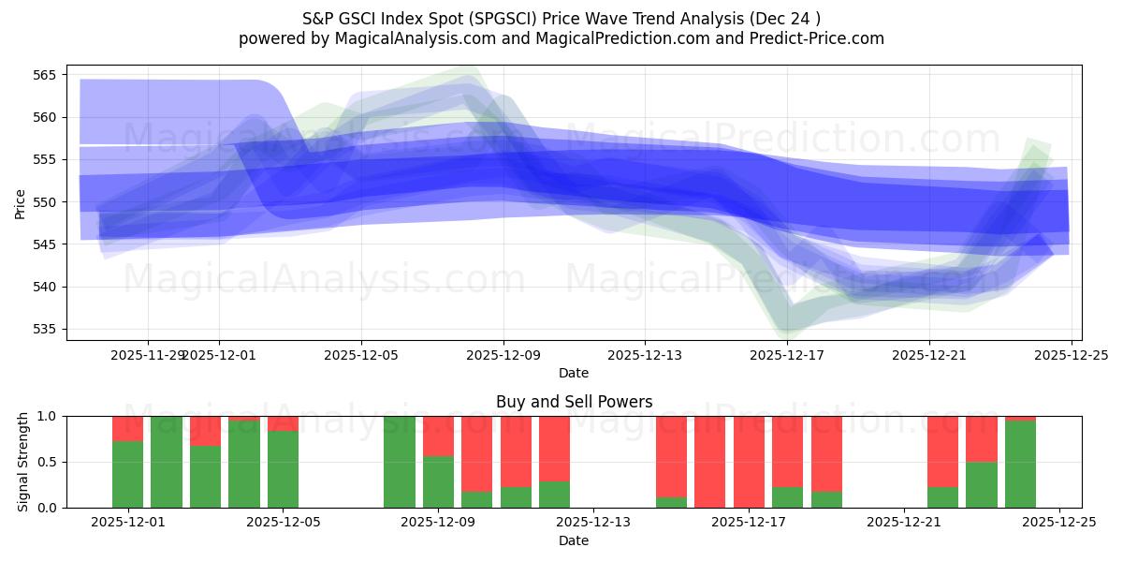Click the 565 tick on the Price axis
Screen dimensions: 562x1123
tap(48, 75)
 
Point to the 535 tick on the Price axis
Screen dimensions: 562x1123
tap(48, 330)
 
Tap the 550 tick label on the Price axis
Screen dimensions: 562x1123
tap(48, 202)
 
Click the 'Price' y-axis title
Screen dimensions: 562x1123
tap(21, 202)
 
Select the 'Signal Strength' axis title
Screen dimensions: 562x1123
tap(23, 462)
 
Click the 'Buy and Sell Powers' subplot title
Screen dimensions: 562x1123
tap(574, 402)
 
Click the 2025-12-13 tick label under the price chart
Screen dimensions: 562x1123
tap(644, 355)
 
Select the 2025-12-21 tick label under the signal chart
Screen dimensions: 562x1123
tap(904, 524)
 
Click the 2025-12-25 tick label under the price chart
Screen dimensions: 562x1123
tap(1072, 355)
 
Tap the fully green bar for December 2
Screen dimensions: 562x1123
tap(167, 462)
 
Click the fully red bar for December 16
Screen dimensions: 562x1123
tap(709, 462)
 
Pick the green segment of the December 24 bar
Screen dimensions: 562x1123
tap(1020, 465)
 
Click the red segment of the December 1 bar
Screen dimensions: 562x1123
tap(127, 428)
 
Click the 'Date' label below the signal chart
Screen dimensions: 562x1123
tap(574, 540)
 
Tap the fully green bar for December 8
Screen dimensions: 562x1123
tap(400, 462)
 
